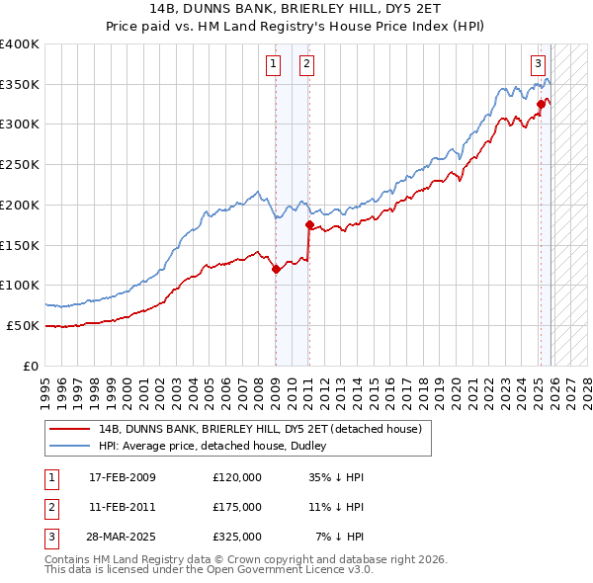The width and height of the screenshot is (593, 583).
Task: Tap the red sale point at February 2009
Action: pos(276,269)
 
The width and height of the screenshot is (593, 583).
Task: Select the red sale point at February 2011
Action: pos(309,225)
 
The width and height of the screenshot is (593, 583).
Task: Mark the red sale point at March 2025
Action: pos(541,104)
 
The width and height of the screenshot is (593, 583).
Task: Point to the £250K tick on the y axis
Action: pos(20,165)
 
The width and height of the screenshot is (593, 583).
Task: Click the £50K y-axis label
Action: pos(22,325)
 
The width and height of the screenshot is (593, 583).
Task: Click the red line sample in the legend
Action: pos(70,429)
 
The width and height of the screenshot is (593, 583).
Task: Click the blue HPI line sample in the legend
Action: pos(70,446)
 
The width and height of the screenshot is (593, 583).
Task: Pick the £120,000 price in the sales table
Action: pos(236,477)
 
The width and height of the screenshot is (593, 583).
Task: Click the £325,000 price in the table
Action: pos(236,537)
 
